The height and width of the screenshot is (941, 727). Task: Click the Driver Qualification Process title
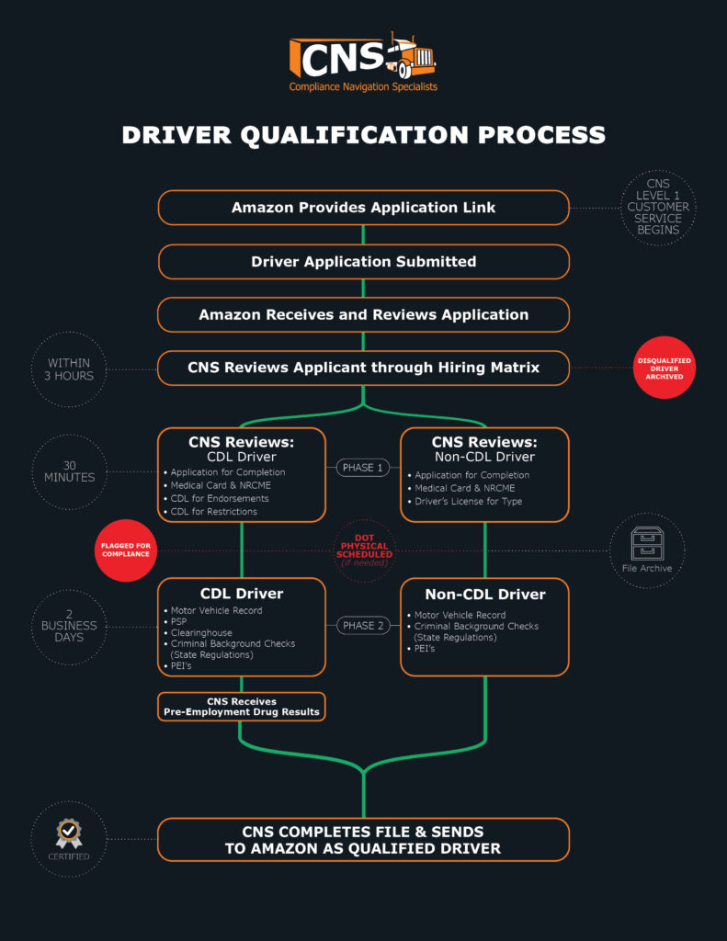363,135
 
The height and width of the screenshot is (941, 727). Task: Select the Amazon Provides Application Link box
363,208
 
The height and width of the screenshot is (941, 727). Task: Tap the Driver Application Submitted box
363,262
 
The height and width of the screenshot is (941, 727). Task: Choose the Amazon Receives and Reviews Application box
363,315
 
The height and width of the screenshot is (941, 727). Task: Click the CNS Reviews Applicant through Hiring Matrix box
363,368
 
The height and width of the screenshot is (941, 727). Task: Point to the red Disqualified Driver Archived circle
665,368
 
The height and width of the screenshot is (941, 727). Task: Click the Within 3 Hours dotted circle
69,369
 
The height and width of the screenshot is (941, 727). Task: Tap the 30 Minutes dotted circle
69,471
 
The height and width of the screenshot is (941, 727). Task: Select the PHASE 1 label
363,468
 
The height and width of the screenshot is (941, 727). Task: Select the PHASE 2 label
363,626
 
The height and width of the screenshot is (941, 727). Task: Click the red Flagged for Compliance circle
126,550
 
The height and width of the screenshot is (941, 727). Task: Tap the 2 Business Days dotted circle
69,626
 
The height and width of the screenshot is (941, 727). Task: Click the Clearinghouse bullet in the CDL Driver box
201,633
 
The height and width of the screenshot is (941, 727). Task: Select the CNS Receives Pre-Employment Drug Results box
241,707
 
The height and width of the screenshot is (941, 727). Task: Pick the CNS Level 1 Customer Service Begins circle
658,208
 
